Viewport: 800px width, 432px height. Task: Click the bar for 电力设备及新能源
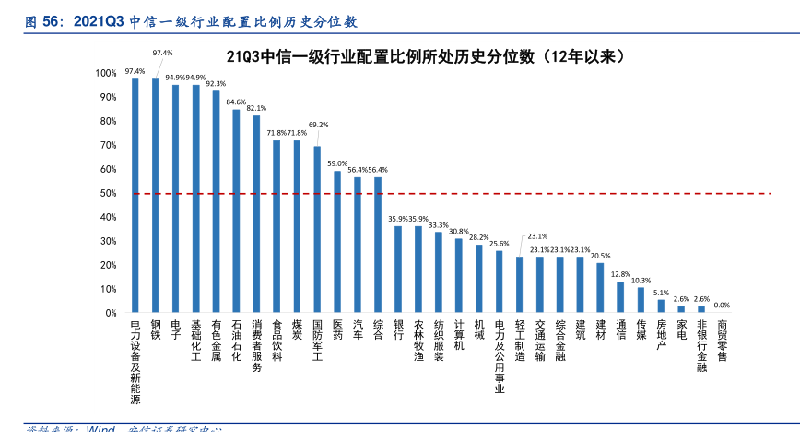point(135,195)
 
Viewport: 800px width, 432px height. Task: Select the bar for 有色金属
point(216,201)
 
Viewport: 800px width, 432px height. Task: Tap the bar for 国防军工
point(317,229)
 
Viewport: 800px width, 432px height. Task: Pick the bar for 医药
point(337,241)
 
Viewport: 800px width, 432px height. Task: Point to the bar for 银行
point(398,269)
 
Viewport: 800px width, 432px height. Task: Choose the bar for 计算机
point(458,275)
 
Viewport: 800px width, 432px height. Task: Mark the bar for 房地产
point(661,306)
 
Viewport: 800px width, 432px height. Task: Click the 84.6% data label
point(236,102)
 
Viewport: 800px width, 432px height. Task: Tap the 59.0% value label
point(337,162)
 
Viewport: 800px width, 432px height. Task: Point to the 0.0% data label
point(722,305)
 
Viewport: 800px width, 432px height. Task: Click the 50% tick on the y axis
point(109,193)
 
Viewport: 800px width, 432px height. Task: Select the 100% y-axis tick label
point(106,73)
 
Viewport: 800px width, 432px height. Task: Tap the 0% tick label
point(111,313)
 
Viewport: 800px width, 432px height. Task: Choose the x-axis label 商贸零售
point(722,341)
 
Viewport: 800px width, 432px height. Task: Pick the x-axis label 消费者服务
point(256,346)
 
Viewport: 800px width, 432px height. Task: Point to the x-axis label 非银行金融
point(701,346)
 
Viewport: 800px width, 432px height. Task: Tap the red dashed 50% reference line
point(553,194)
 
